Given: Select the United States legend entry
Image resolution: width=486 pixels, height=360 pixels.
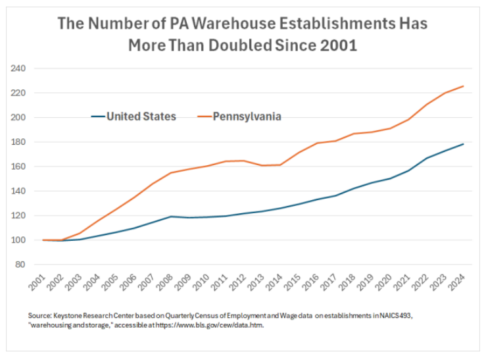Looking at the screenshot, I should (141, 116).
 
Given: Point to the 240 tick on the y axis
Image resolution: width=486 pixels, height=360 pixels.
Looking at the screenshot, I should (18, 68).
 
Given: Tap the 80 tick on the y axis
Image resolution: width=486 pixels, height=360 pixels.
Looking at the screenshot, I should (20, 265).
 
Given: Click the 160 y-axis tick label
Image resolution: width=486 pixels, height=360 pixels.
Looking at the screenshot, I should (18, 167).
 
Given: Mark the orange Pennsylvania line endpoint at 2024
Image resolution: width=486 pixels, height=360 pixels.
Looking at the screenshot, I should (463, 86).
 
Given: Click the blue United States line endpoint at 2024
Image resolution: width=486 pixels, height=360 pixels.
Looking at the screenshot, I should (463, 144).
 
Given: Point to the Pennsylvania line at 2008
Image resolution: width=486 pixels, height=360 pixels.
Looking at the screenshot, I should (171, 173).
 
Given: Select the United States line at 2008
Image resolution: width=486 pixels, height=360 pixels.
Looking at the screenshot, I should (171, 217).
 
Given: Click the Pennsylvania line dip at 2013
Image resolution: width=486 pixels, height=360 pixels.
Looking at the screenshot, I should (262, 165).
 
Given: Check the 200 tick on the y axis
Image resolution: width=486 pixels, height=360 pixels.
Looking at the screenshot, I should (18, 118).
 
